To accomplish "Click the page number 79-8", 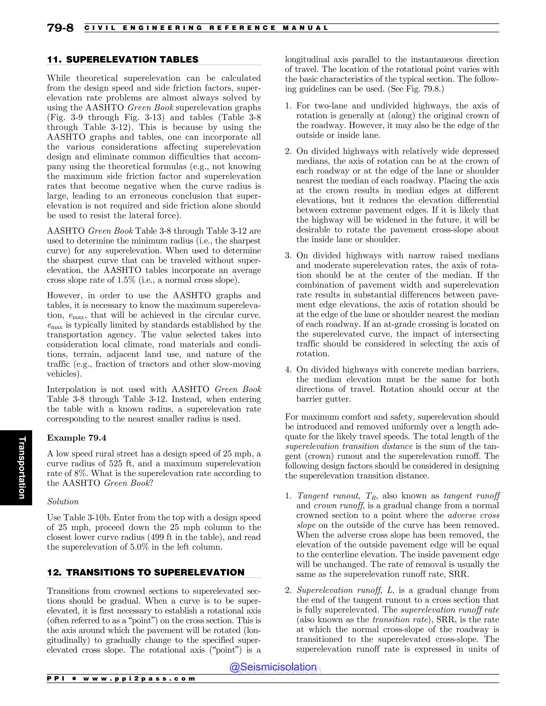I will (60, 28).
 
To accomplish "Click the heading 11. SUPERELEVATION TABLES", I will (123, 59).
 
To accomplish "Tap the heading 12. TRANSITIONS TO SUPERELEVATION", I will (146, 572).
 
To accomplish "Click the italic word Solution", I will (63, 502).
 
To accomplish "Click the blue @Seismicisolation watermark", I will (273, 667).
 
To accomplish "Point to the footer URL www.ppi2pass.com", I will (139, 679).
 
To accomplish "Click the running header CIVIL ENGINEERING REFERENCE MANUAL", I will (206, 28).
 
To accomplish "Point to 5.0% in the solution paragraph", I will (138, 547).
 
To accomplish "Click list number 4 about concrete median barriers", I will (288, 370).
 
